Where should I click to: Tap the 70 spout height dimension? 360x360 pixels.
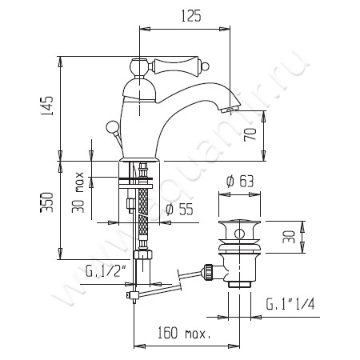249,134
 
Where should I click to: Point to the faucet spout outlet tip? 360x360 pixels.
229,110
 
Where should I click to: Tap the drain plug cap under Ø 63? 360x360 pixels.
240,230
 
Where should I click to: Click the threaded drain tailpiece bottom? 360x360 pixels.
240,282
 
